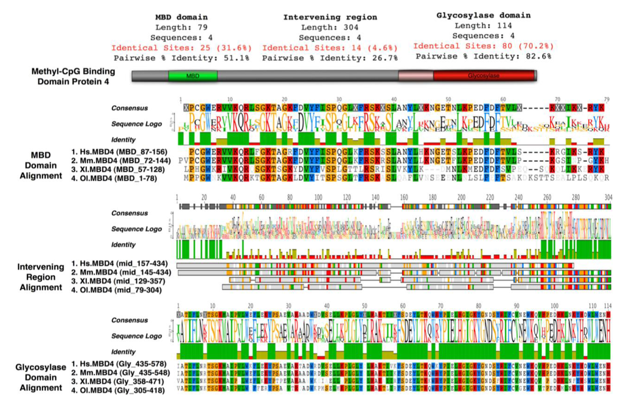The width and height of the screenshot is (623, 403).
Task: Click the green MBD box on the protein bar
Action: coord(192,76)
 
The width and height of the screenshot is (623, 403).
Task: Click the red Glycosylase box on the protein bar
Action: coord(484,76)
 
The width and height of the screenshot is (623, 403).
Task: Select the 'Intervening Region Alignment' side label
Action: coord(40,277)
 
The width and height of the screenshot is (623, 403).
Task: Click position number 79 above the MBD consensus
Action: coord(607,100)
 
